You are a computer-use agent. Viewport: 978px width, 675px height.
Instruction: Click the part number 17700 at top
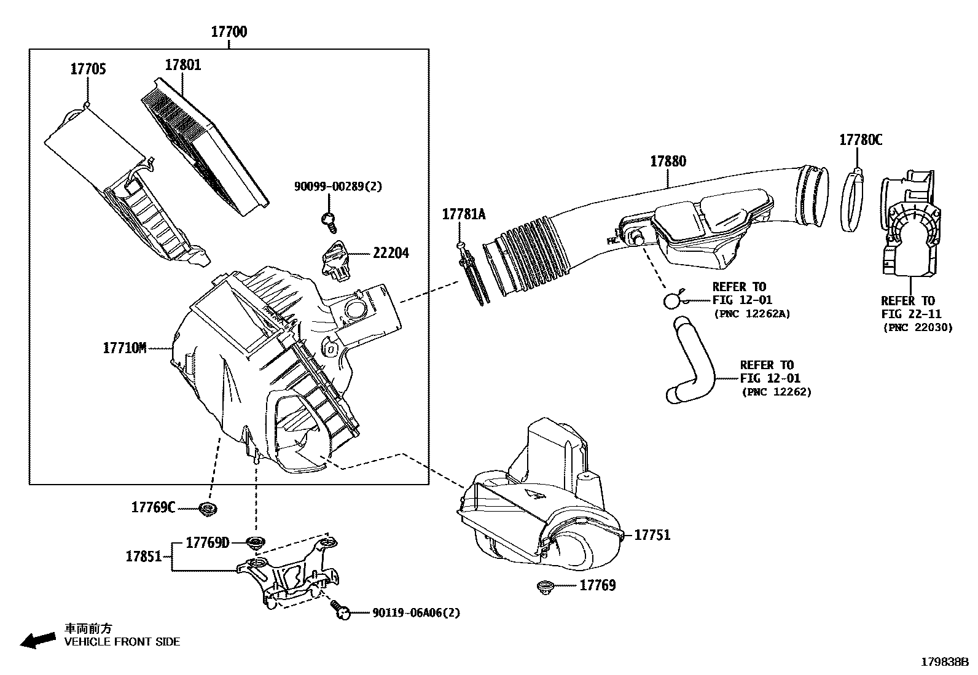[x=229, y=32]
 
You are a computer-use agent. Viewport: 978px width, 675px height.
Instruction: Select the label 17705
[x=88, y=69]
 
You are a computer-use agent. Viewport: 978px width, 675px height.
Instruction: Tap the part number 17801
[x=182, y=65]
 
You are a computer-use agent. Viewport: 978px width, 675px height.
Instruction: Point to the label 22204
[x=390, y=253]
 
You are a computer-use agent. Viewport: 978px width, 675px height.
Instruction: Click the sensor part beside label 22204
[x=335, y=261]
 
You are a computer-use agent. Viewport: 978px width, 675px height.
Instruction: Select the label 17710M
[x=125, y=348]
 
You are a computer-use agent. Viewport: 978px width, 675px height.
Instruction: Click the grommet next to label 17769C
[x=209, y=509]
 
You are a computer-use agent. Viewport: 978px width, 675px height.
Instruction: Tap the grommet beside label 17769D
[x=254, y=542]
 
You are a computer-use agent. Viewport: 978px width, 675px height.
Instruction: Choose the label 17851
[x=144, y=556]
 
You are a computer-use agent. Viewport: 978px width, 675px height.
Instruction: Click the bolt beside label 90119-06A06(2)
[x=340, y=610]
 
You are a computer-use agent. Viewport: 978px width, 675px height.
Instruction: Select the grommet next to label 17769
[x=545, y=586]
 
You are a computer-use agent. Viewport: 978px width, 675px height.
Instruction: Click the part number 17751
[x=652, y=535]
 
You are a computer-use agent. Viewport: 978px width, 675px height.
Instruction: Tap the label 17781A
[x=464, y=214]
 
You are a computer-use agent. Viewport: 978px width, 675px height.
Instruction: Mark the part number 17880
[x=668, y=162]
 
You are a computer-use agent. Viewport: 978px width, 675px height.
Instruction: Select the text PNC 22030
[x=918, y=327]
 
